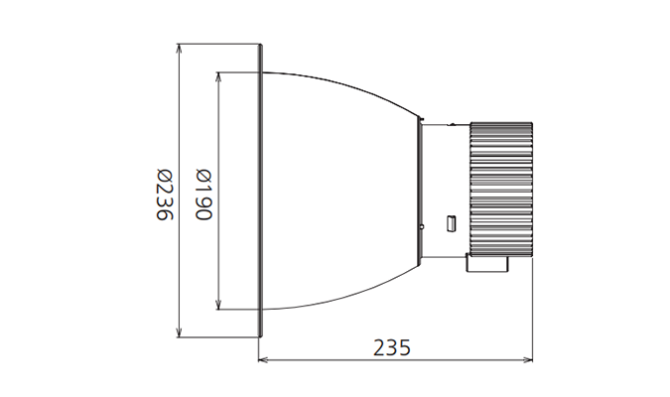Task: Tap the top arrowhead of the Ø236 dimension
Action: [178, 48]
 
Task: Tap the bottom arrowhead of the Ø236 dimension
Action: [178, 332]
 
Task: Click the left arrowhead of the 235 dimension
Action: [263, 360]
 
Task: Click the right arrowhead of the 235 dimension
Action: [528, 360]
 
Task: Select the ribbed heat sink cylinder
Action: [501, 189]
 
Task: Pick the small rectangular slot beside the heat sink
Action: [450, 224]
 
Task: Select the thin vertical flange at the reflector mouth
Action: [260, 191]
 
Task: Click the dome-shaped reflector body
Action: [337, 191]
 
